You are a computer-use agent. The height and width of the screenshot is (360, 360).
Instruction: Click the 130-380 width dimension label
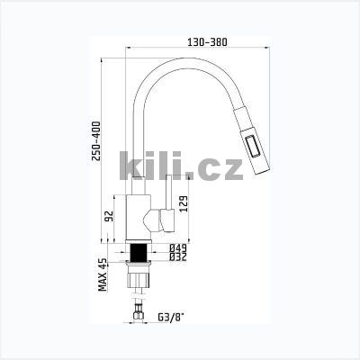[207, 42]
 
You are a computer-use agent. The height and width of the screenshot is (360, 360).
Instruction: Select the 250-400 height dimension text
[96, 141]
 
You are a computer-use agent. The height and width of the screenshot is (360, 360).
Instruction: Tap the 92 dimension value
[110, 216]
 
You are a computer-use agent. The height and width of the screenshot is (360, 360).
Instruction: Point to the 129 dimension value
[184, 204]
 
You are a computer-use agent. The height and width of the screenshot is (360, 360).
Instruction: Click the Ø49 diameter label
[178, 248]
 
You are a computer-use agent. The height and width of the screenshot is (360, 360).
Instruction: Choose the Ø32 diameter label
[178, 256]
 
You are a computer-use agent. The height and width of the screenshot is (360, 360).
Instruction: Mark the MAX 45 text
[103, 274]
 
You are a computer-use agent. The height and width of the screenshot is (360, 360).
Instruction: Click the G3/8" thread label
[170, 317]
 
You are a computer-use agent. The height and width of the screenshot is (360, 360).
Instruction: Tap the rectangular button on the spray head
[253, 147]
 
